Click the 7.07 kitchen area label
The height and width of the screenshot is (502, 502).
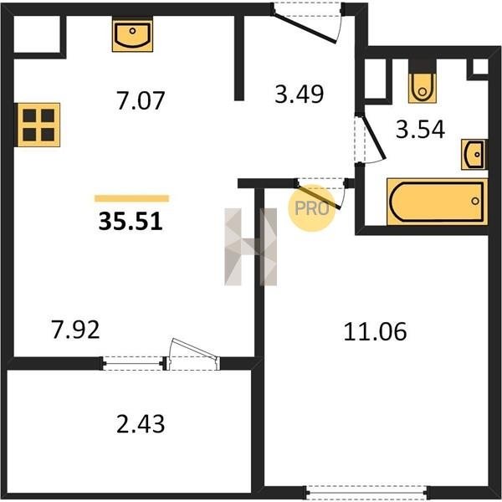(141, 100)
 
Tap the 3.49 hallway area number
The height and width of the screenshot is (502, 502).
(300, 94)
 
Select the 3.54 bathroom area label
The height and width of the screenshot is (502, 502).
(420, 129)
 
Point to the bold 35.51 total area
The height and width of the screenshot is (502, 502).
(131, 221)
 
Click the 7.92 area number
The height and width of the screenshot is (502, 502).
(76, 330)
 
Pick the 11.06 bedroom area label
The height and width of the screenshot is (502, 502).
(375, 331)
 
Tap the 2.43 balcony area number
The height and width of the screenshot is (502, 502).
(141, 423)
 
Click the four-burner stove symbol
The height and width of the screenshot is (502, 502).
(38, 125)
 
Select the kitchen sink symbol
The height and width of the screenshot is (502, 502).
(132, 34)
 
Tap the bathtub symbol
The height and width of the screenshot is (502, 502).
(437, 202)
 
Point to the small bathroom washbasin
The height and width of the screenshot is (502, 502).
(474, 154)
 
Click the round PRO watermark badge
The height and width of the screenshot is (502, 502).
(311, 208)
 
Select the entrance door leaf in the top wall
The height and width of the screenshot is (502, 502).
(305, 28)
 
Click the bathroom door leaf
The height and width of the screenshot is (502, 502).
(374, 138)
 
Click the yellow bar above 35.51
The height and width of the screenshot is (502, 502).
(131, 198)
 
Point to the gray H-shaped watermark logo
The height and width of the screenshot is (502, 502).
(251, 247)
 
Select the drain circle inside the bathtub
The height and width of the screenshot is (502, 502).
(475, 201)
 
